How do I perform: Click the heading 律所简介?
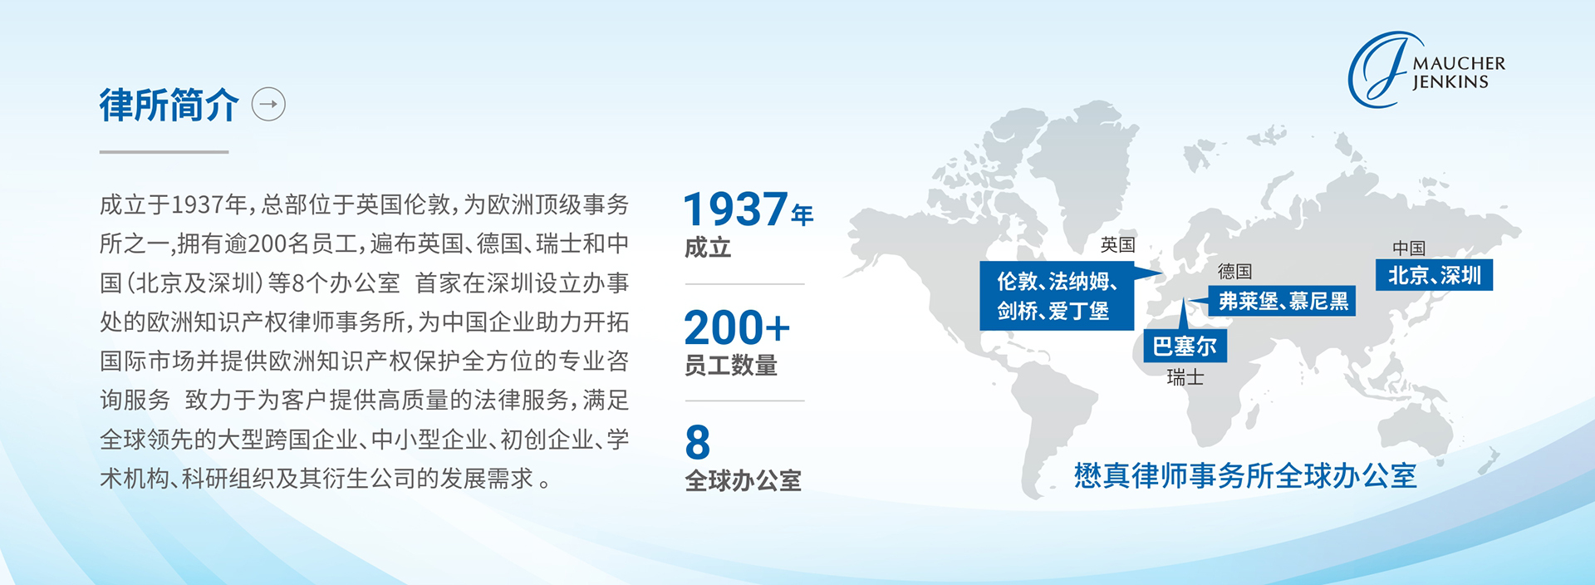pos(169,106)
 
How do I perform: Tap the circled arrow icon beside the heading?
pos(268,105)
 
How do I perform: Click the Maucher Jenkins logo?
pos(1426,70)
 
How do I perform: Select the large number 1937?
pos(735,209)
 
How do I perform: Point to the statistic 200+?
pos(737,327)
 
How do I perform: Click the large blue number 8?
pos(698,442)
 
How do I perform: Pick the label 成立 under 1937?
pos(708,248)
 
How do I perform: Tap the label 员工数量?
pos(731,366)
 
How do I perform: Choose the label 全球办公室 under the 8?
pos(743,481)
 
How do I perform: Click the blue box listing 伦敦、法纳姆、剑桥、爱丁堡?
pos(1057,296)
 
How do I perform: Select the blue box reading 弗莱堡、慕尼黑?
pos(1283,301)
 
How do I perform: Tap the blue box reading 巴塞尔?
pos(1185,346)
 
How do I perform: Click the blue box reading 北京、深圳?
pos(1435,275)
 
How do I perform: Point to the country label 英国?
pos(1117,244)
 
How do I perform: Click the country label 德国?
pos(1234,271)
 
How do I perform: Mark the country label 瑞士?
pos(1185,377)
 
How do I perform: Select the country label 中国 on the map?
pos(1409,248)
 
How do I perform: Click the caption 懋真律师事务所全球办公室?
pos(1245,476)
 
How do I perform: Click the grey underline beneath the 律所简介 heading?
pos(164,152)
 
